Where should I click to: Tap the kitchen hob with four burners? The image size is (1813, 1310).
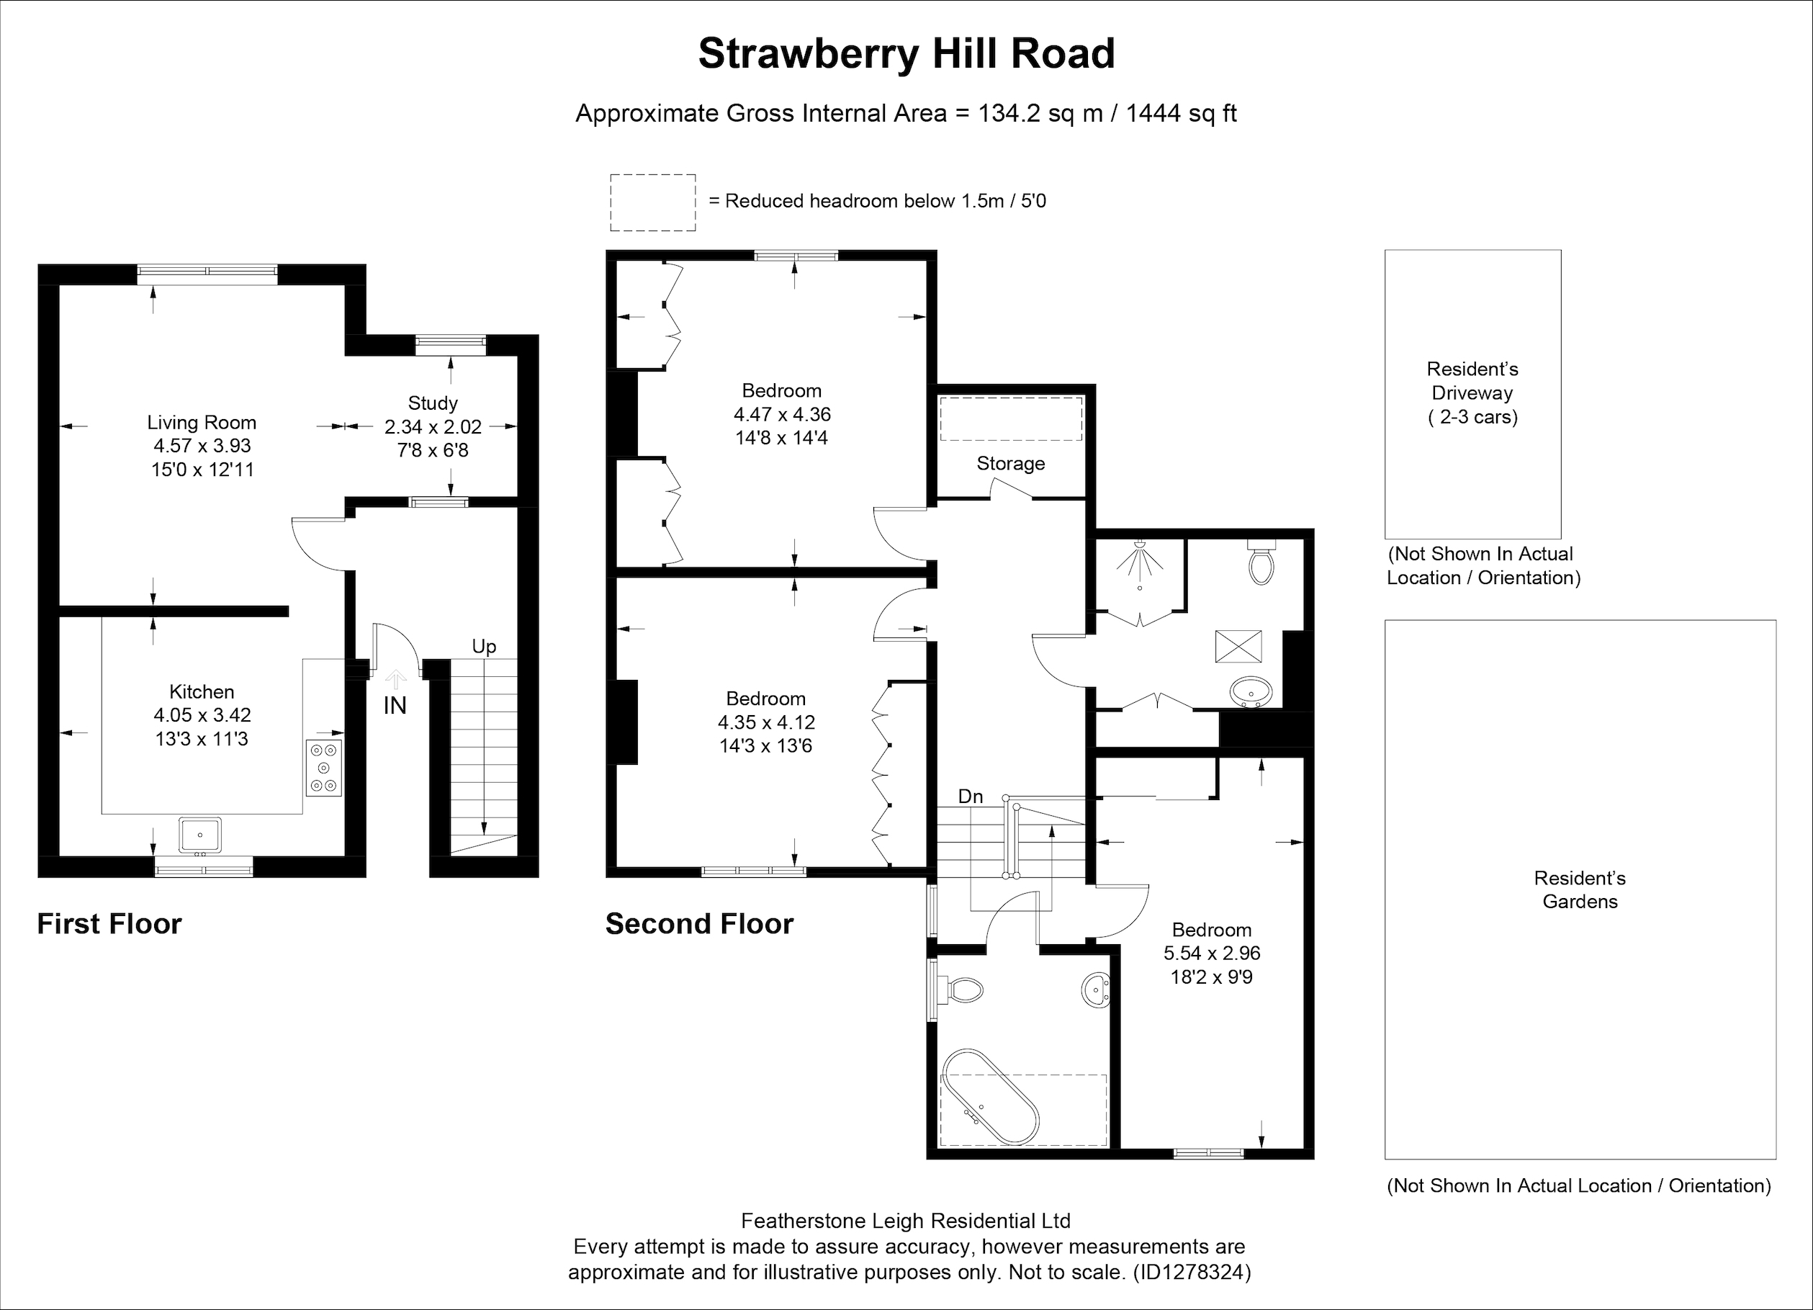324,768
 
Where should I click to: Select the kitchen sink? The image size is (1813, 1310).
200,834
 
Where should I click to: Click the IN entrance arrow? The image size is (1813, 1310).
395,679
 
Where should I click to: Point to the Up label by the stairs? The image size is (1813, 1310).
484,646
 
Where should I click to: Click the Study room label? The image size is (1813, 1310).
433,403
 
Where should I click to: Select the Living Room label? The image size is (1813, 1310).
202,422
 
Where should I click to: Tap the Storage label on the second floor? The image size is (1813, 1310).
1010,464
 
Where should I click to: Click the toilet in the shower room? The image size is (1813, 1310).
1261,562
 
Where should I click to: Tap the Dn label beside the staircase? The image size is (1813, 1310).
971,797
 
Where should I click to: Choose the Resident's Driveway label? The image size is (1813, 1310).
1472,392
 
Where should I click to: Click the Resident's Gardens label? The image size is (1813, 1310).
1580,889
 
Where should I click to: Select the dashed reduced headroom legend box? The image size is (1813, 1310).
652,203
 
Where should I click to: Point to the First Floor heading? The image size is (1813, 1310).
109,924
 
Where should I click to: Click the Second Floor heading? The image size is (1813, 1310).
699,924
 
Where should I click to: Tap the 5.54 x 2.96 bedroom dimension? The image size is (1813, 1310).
1212,954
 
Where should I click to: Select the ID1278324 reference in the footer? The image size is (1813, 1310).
1191,1272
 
